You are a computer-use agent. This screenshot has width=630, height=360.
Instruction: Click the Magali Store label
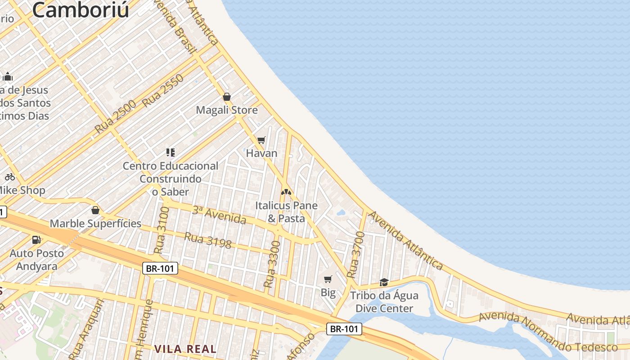click(x=227, y=110)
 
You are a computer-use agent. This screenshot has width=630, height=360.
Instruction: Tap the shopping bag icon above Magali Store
click(x=227, y=97)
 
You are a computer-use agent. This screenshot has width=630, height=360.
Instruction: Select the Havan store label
click(x=261, y=153)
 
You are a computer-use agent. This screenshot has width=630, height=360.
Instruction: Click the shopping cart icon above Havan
click(x=261, y=140)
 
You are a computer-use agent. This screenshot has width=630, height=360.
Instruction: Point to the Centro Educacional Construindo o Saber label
click(x=171, y=179)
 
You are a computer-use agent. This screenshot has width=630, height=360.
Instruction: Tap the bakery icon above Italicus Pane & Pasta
click(x=286, y=192)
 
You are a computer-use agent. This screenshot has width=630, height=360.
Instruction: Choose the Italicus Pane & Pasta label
click(x=287, y=212)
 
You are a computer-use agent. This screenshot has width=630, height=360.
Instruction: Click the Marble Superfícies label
click(x=95, y=224)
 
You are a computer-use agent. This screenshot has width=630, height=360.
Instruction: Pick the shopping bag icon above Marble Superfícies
click(x=95, y=210)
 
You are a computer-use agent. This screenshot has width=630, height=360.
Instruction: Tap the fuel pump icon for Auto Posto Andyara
click(x=36, y=240)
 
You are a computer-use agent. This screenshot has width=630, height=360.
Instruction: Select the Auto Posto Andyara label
click(x=37, y=260)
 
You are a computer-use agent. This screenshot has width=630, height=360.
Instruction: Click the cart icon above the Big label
click(x=328, y=279)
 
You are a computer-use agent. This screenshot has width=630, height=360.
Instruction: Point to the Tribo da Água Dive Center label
click(x=384, y=302)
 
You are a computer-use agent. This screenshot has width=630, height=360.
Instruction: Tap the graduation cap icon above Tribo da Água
click(x=384, y=282)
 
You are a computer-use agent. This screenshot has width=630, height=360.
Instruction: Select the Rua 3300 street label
click(x=272, y=265)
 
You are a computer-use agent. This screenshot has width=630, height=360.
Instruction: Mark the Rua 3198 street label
click(x=208, y=240)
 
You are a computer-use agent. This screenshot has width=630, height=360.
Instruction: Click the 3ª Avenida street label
click(x=219, y=215)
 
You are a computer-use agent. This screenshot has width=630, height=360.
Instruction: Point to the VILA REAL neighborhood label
click(x=185, y=349)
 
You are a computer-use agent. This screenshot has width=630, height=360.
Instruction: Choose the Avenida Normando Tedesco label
click(x=548, y=333)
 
